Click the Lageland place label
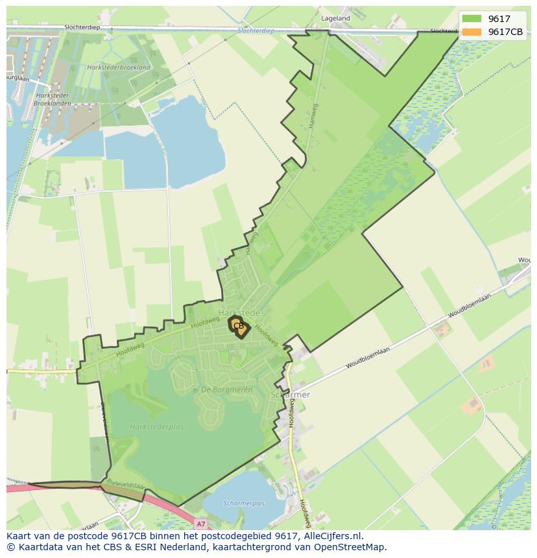pos(335,19)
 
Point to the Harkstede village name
pos(239,313)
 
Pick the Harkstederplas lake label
pos(156,426)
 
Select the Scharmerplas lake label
pos(244,503)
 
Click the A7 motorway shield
pos(201,524)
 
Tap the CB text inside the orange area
pos(239,326)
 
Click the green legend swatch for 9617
pos(472,19)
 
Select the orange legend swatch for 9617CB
pos(472,32)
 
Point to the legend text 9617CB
pos(506,32)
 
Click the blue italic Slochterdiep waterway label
pos(256,30)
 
